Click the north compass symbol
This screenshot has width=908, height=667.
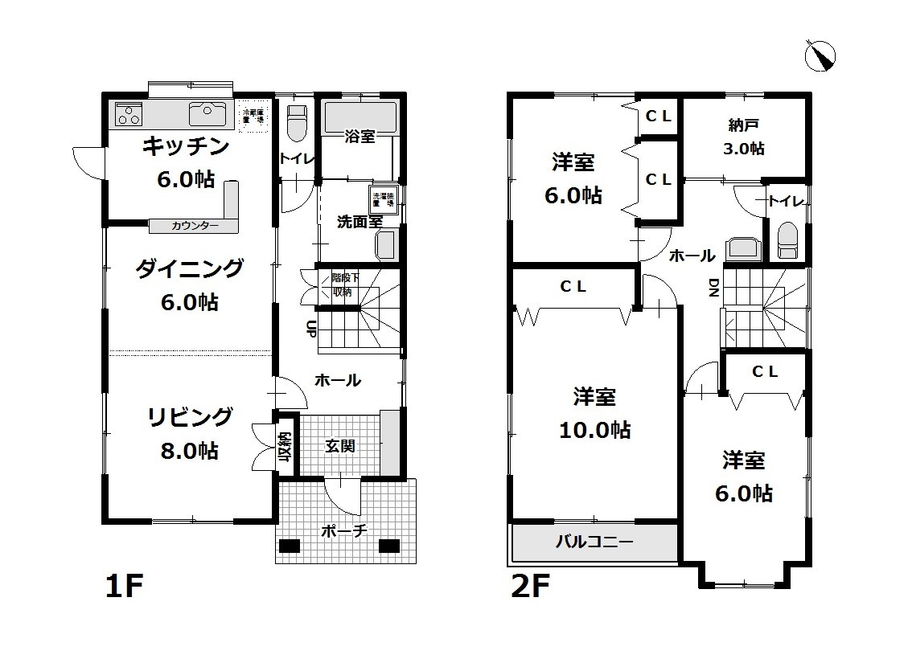point(820,55)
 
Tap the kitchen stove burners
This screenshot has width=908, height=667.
point(129,114)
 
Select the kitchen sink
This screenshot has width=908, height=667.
point(207,114)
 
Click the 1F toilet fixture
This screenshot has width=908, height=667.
point(297,121)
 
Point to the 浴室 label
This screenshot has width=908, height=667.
point(360,136)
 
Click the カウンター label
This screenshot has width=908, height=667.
point(195,226)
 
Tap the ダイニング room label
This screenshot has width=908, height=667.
point(189,268)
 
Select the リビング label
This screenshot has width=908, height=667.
point(189,417)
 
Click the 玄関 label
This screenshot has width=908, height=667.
point(340,445)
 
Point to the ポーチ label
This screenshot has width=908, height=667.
point(343,530)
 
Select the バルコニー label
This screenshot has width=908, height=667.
point(594,542)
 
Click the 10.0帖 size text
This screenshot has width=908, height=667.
point(594,430)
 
